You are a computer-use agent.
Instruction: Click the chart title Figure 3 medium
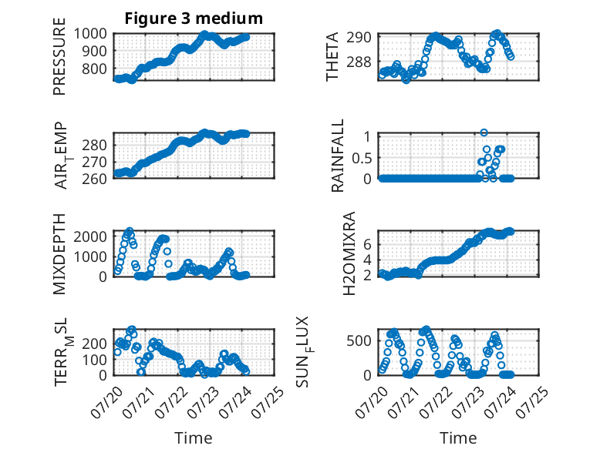194,18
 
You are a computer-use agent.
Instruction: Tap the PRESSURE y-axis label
59,56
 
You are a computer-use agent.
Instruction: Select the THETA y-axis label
332,56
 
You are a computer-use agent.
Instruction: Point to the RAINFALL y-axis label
338,156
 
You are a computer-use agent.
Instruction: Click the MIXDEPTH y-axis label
59,254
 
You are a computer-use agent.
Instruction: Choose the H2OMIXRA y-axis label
349,253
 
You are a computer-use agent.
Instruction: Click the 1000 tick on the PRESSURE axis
90,34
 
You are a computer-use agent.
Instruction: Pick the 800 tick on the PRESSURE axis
94,69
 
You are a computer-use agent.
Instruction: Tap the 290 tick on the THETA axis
359,38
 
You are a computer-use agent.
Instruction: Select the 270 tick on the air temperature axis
94,162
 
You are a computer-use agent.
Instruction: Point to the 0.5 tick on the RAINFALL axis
362,158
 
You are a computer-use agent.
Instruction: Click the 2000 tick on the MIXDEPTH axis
90,236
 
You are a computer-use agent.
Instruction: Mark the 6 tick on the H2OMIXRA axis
367,244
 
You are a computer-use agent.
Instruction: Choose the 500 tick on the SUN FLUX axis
359,340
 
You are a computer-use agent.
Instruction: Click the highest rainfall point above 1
484,132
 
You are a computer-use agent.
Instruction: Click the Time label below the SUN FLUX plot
458,437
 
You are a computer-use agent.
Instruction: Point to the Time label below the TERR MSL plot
194,437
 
